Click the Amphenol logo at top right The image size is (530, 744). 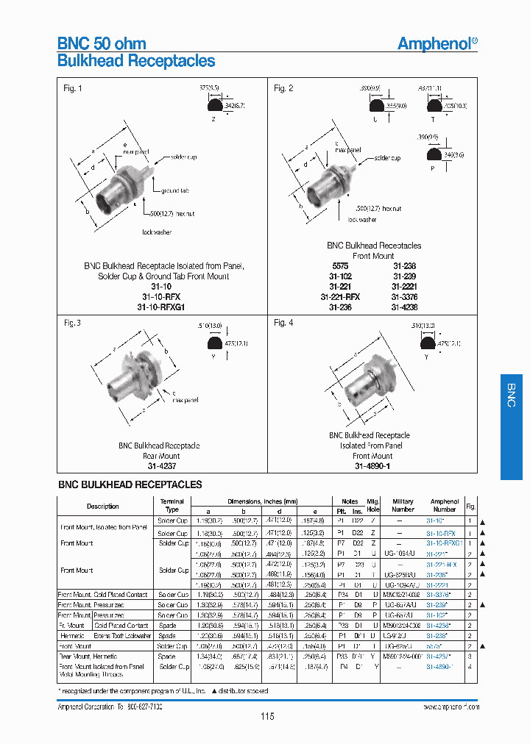(x=437, y=43)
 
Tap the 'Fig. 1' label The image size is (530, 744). (x=72, y=89)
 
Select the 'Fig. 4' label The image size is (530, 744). (x=284, y=323)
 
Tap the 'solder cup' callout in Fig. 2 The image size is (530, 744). (x=386, y=158)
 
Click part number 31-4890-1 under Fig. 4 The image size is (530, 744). (x=372, y=466)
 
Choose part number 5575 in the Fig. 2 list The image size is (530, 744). (x=340, y=266)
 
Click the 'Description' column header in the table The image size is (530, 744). (x=102, y=506)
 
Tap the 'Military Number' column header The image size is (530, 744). (x=403, y=505)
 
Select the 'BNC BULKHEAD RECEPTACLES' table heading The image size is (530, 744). (x=130, y=484)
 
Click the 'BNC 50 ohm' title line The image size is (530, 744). (x=102, y=43)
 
